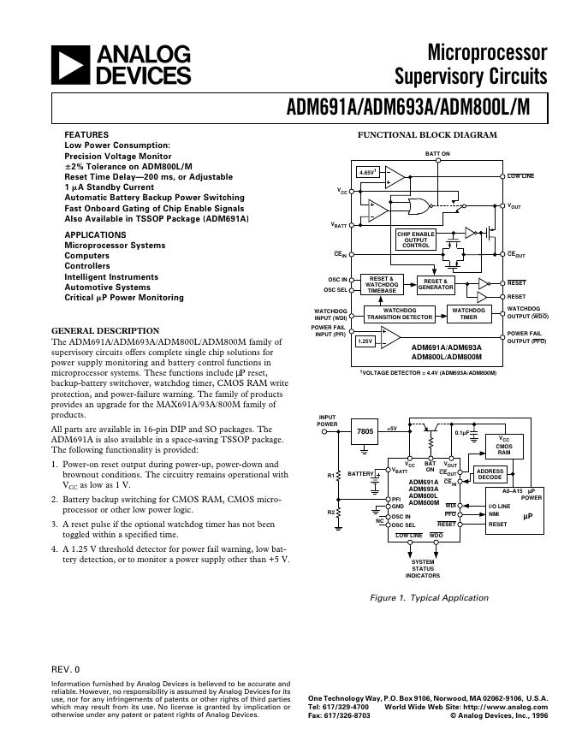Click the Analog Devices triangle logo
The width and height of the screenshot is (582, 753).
[74, 65]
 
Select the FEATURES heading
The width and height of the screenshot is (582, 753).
[86, 135]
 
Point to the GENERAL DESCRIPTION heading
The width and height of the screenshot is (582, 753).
[105, 330]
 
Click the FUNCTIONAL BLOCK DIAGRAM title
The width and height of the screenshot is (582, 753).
[426, 135]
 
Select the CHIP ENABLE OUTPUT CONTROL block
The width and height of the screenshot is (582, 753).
[416, 240]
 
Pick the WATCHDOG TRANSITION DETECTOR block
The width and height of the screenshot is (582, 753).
[399, 313]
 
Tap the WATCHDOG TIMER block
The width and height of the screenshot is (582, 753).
[469, 313]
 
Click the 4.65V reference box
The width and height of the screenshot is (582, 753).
[368, 173]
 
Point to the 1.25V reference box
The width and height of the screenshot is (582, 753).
[365, 341]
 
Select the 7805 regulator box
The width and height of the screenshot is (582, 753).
[365, 432]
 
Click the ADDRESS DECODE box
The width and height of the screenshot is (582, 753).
[490, 474]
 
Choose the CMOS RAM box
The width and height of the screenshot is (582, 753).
[504, 446]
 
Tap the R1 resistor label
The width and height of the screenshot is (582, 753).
[330, 475]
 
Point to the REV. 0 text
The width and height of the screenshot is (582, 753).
[65, 668]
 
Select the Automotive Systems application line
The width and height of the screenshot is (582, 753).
[108, 287]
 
